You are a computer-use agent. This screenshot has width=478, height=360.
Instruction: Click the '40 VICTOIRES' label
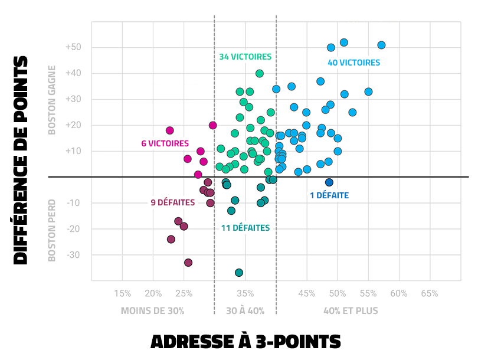(x=353, y=63)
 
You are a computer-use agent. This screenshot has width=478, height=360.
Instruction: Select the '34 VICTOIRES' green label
(x=245, y=57)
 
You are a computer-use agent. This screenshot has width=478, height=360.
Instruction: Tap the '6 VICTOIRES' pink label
(x=165, y=143)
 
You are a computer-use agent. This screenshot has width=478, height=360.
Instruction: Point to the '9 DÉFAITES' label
(x=173, y=202)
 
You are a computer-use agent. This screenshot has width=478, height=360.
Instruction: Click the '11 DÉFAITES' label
(x=245, y=228)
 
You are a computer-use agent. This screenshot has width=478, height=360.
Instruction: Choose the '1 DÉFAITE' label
(x=329, y=195)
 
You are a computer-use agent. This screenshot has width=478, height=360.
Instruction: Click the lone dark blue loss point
(x=329, y=182)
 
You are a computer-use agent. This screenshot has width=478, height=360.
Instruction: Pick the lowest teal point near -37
(x=239, y=273)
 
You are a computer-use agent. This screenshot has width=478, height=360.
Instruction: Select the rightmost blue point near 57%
(x=381, y=45)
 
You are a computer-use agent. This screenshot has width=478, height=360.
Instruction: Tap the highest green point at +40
(x=259, y=74)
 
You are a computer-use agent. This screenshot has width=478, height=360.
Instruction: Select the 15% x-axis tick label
(x=122, y=293)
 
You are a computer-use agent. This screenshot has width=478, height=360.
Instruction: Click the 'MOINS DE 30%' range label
(x=153, y=310)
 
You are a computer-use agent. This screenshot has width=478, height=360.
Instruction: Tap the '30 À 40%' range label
(x=245, y=310)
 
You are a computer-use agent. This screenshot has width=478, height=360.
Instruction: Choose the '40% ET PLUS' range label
(x=351, y=310)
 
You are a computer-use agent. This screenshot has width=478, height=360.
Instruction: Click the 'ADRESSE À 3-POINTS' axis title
(x=245, y=342)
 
